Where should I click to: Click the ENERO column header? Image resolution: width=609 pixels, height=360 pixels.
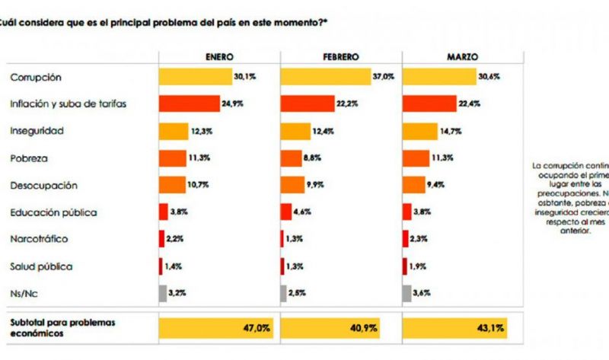[219, 57]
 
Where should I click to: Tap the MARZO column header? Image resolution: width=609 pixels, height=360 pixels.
[463, 57]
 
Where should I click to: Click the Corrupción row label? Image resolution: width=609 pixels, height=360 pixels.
[36, 77]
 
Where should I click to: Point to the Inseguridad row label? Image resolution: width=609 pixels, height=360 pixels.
[36, 131]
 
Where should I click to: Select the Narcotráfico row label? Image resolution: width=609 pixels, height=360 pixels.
[40, 239]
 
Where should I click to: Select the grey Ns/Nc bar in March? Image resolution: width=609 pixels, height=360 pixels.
[407, 294]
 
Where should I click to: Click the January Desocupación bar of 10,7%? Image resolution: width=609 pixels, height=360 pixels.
[172, 185]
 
